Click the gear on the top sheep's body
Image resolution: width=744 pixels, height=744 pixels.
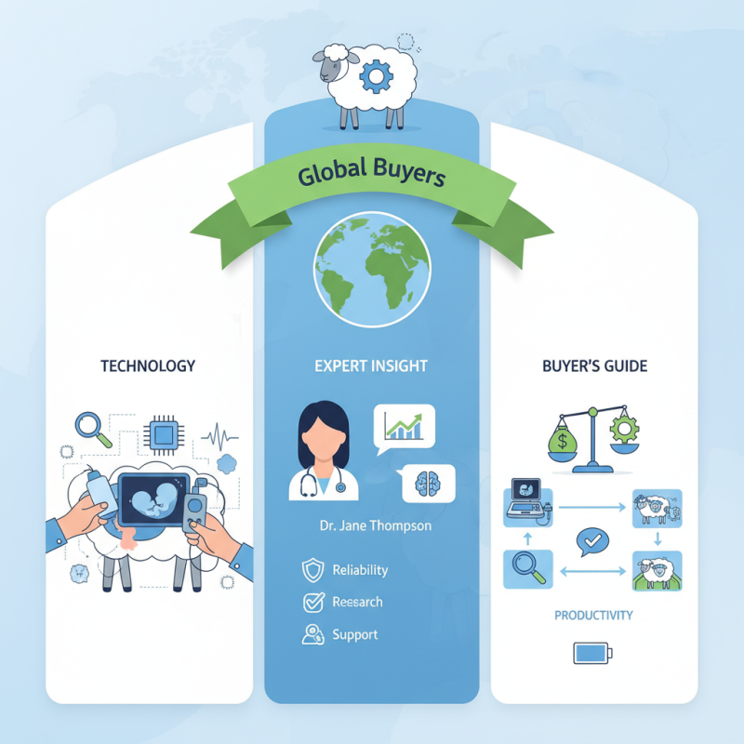click(x=376, y=76)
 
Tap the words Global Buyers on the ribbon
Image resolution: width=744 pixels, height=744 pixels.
click(x=371, y=172)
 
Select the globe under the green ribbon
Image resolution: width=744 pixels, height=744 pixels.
click(x=372, y=270)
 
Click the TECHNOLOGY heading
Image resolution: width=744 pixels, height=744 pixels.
click(x=148, y=365)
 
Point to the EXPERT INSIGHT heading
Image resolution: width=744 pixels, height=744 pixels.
click(x=371, y=365)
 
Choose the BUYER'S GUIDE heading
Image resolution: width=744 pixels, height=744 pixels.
click(x=594, y=365)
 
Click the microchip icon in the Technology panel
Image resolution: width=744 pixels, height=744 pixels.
click(x=164, y=434)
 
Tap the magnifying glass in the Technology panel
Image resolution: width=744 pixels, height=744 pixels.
click(x=94, y=430)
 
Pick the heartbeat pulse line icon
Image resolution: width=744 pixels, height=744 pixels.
click(x=219, y=436)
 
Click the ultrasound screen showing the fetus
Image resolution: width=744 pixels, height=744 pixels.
click(x=153, y=499)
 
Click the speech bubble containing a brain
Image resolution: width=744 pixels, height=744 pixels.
click(x=427, y=484)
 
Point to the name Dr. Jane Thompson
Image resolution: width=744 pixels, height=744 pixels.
click(x=376, y=525)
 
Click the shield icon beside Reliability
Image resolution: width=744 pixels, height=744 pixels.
click(x=313, y=570)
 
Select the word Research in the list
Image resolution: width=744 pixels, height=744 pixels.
click(x=357, y=602)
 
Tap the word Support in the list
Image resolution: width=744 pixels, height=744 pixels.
click(x=355, y=635)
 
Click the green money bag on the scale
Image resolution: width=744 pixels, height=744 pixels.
click(x=563, y=439)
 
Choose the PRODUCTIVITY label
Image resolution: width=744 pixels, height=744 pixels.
click(x=593, y=616)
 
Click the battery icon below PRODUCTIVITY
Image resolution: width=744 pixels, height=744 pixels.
click(x=593, y=654)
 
